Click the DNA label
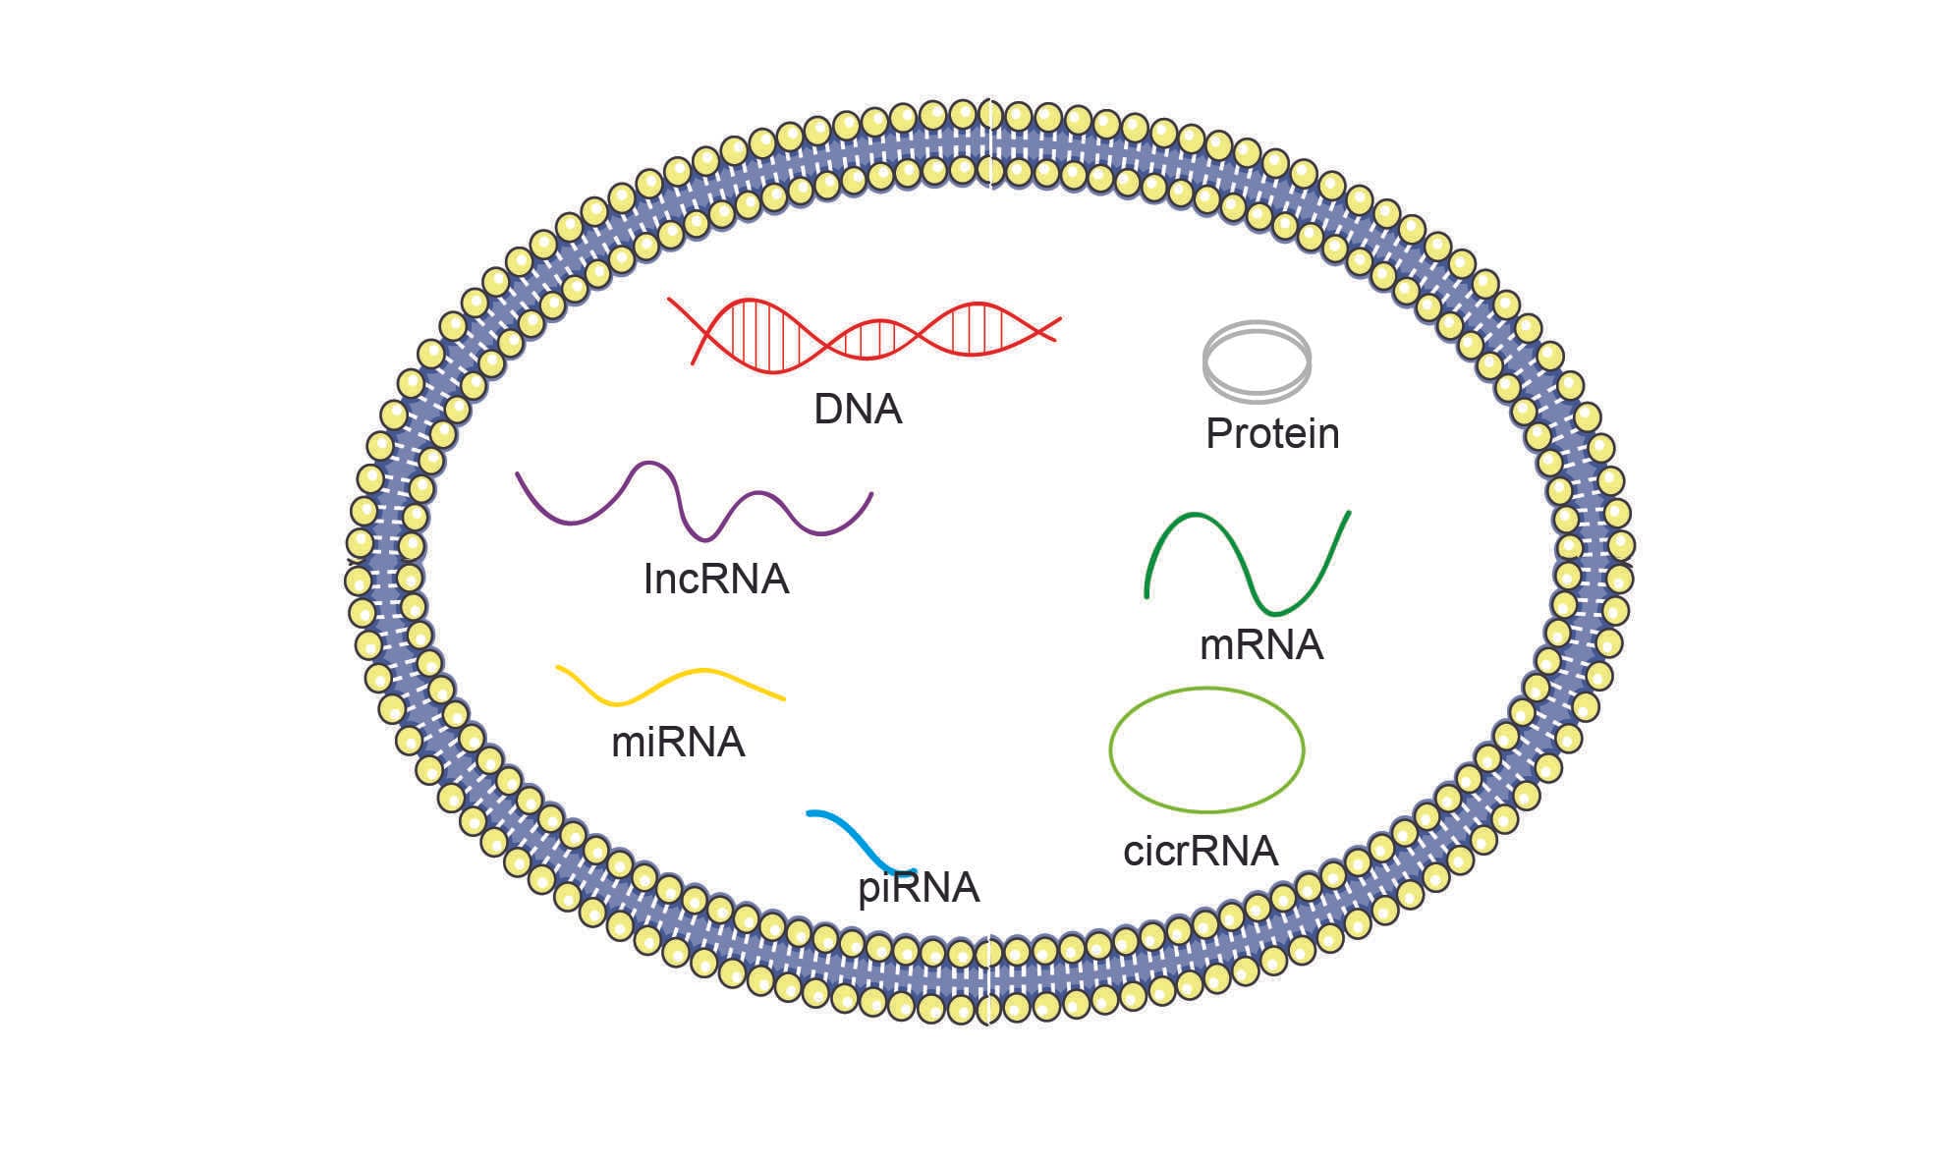click(857, 410)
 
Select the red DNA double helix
click(865, 335)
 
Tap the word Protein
click(1272, 434)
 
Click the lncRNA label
click(715, 580)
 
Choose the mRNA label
click(1261, 645)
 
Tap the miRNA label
click(678, 743)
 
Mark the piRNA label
click(919, 888)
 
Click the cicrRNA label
click(1201, 851)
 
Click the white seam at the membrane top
click(991, 143)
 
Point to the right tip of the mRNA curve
click(1348, 513)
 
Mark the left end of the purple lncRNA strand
click(519, 475)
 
